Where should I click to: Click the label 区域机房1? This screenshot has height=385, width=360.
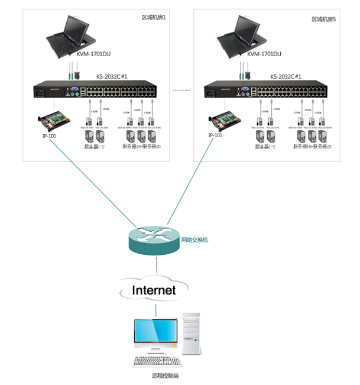coord(154,18)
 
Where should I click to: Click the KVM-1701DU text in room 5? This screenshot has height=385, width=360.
coord(264,54)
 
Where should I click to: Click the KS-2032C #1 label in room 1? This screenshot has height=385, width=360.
coord(112,76)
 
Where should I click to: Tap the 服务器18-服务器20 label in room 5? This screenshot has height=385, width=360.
coord(312,146)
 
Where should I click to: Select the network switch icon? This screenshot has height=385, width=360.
coord(153,240)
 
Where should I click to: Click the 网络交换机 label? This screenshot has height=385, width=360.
coord(196,240)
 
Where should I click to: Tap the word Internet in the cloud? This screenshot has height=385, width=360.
coord(154,290)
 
